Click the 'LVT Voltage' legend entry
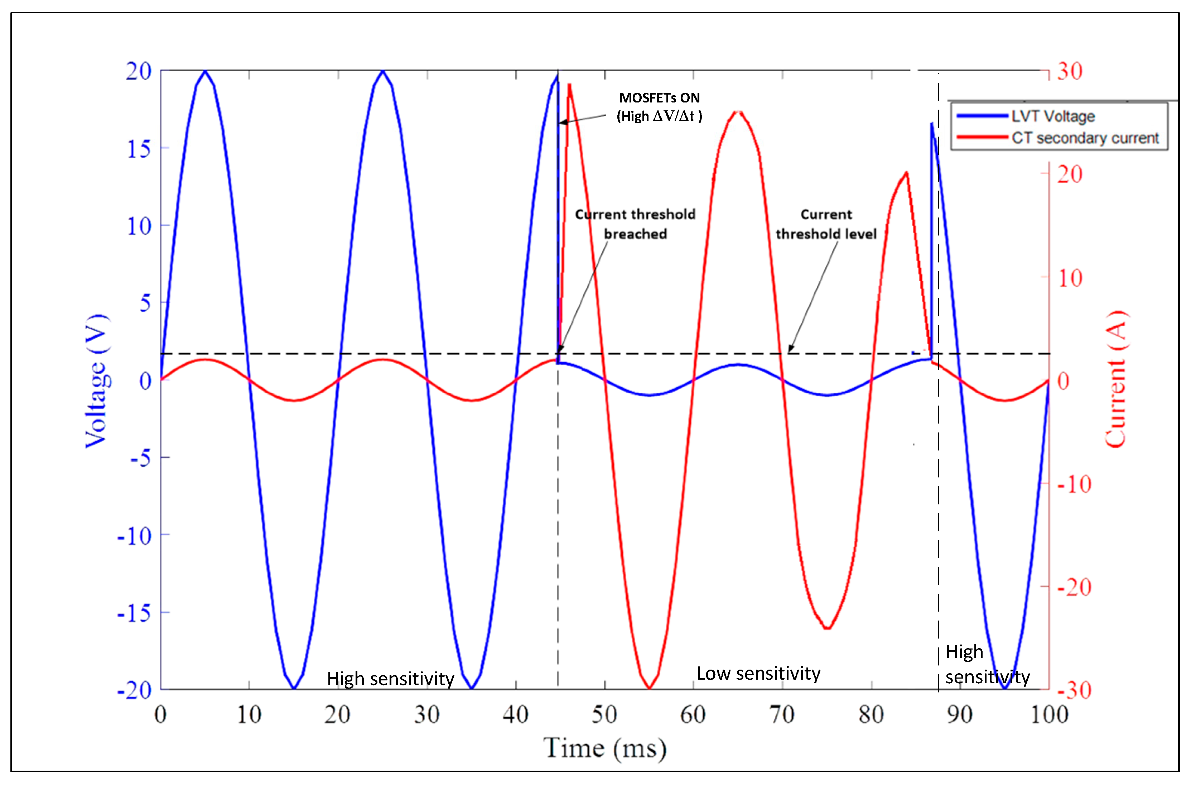1052,116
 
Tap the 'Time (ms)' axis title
604,749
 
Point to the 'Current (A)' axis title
1116,379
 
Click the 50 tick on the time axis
604,714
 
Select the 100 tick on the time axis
1049,714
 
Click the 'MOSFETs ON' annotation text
659,98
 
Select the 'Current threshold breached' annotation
635,224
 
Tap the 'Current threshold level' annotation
826,224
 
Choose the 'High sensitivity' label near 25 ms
390,679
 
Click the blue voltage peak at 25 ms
383,71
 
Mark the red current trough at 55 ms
649,688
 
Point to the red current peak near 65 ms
738,112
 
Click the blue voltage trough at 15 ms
294,688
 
